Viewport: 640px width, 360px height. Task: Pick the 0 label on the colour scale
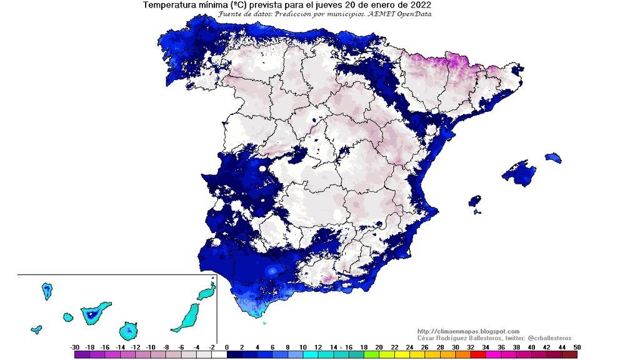pyautogui.click(x=227, y=347)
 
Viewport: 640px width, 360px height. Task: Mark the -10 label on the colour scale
pyautogui.click(x=151, y=347)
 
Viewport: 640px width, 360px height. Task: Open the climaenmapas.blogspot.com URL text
pyautogui.click(x=468, y=331)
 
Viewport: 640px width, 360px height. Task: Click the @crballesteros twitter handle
pyautogui.click(x=545, y=338)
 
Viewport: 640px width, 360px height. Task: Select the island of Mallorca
pyautogui.click(x=519, y=173)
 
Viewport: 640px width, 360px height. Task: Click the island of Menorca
pyautogui.click(x=553, y=158)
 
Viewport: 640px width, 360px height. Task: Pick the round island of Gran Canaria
pyautogui.click(x=128, y=329)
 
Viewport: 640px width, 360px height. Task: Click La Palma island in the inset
pyautogui.click(x=47, y=291)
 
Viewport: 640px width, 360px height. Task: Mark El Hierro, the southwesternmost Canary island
pyautogui.click(x=37, y=329)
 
